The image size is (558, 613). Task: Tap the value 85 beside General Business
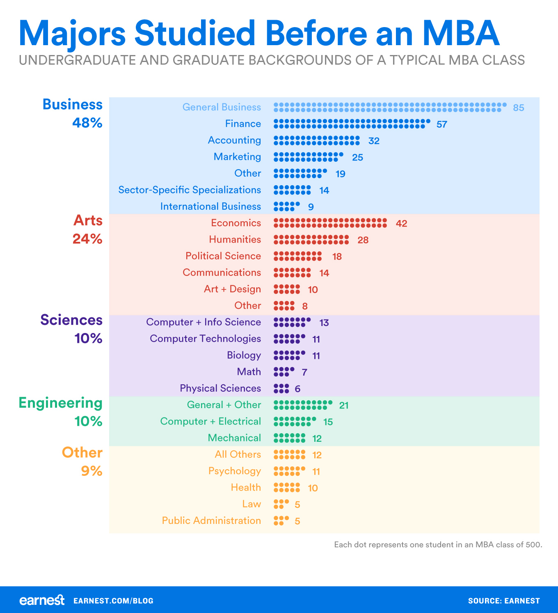click(x=519, y=108)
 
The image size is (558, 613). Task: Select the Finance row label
click(x=243, y=124)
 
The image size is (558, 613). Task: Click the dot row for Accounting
click(x=316, y=140)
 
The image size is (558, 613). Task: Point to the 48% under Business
click(x=87, y=123)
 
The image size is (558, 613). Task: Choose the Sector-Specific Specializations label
click(x=190, y=190)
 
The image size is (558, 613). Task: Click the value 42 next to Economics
click(x=401, y=223)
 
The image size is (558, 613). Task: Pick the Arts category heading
click(x=88, y=220)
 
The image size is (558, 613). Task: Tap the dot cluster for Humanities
click(x=311, y=240)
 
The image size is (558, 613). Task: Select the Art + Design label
click(x=232, y=289)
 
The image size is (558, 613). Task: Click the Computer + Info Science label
click(x=204, y=322)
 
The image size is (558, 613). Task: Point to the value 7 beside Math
click(x=304, y=372)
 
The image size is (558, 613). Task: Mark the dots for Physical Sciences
click(x=281, y=388)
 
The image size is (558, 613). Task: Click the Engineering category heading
click(x=61, y=403)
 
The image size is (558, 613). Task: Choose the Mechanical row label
click(x=234, y=438)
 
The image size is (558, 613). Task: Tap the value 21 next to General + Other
click(x=344, y=406)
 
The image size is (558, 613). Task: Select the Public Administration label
click(x=211, y=520)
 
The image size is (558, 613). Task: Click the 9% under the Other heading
click(x=91, y=471)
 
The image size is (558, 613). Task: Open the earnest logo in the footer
click(x=42, y=600)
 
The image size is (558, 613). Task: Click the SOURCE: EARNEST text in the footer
click(x=504, y=601)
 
